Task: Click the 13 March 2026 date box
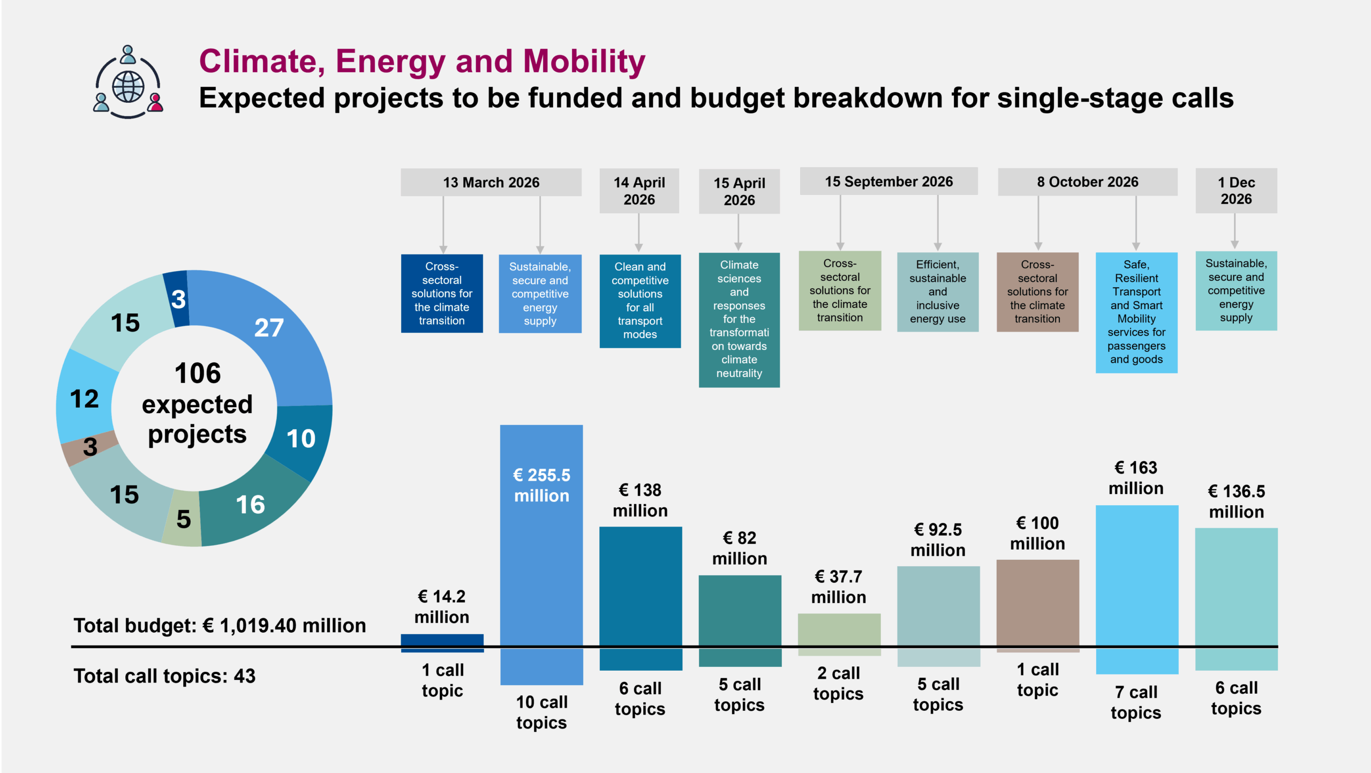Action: click(491, 182)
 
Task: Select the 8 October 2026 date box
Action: click(1087, 182)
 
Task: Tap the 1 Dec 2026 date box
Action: click(1236, 191)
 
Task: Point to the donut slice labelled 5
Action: click(183, 519)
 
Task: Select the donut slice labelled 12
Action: click(85, 399)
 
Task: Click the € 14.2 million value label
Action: click(442, 606)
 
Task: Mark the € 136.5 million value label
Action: click(1236, 501)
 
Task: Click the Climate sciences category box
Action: click(739, 319)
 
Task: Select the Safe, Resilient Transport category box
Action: click(1136, 312)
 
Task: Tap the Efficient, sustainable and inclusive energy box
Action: click(938, 292)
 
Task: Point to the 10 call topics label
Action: click(541, 712)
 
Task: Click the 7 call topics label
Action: click(1136, 702)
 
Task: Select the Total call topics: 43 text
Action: click(164, 676)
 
